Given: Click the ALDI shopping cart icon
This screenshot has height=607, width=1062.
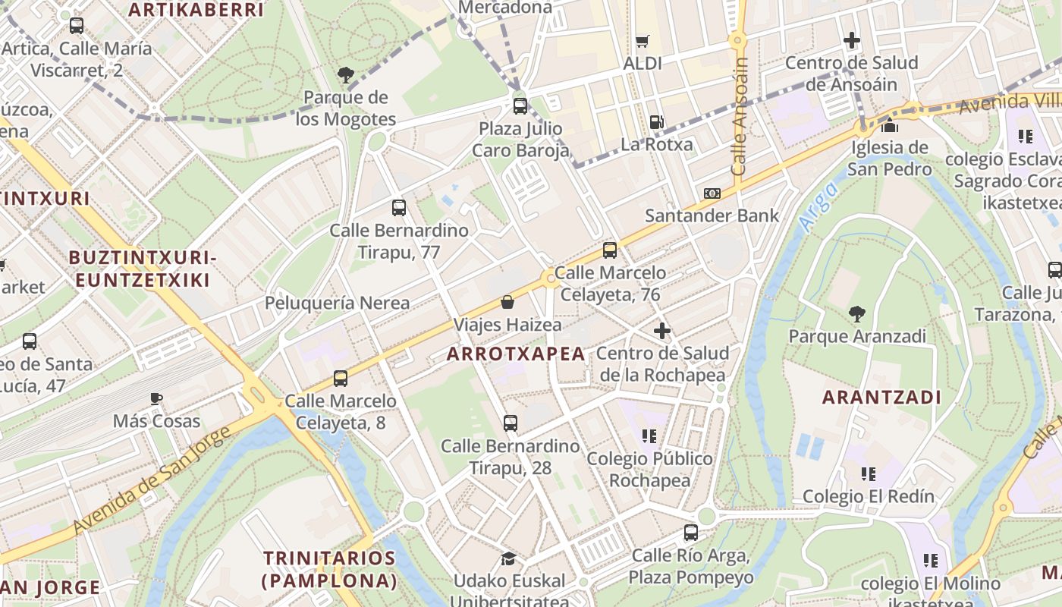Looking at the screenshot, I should (x=643, y=41).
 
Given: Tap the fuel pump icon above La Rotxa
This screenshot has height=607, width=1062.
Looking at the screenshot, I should (x=656, y=121).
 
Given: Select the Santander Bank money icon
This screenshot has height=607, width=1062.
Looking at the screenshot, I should (x=712, y=193).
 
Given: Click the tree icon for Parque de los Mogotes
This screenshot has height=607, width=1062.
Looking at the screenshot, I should (x=346, y=74).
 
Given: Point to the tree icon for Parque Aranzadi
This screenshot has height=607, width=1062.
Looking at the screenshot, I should (x=857, y=313).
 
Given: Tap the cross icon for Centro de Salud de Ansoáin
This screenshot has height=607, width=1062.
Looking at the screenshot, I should (x=851, y=40).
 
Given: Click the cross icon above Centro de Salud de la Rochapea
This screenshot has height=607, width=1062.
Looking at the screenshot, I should (x=662, y=331).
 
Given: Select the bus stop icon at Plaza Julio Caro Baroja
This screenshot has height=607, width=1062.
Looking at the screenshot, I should (x=520, y=105).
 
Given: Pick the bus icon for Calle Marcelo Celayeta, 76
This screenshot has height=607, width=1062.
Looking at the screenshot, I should (x=609, y=250).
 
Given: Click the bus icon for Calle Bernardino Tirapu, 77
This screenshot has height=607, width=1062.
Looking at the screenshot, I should (x=399, y=207).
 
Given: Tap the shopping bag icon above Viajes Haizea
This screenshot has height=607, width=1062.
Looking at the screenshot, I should (x=507, y=302).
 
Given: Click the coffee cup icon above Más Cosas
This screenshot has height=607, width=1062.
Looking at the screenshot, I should (x=156, y=398).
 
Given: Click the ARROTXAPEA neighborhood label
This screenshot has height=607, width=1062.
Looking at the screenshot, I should (x=516, y=354).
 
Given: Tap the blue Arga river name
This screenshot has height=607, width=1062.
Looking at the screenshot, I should (x=818, y=206).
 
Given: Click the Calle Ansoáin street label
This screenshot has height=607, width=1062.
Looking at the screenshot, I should (x=740, y=118).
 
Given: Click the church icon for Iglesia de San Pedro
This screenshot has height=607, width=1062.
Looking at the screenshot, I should (x=889, y=124).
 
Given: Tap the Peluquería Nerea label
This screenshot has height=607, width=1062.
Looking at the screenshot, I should (x=337, y=303).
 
